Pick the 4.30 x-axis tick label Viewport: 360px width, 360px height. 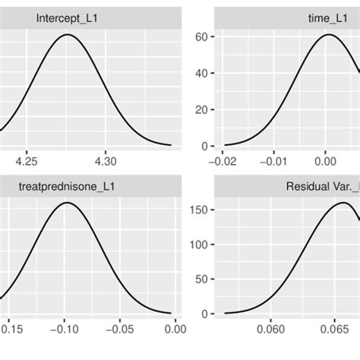[x=106, y=161]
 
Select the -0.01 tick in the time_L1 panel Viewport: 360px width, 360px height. [x=275, y=161]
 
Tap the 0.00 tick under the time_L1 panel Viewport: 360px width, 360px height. [x=326, y=161]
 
